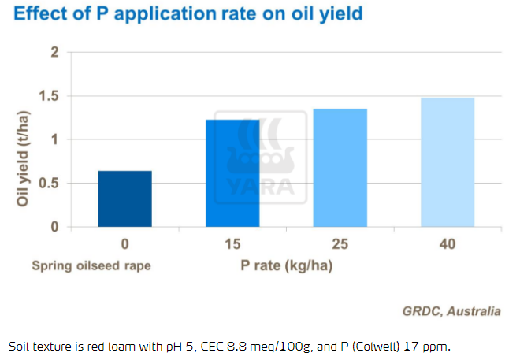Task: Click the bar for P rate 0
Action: coord(125,199)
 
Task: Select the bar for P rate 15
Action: coord(232,173)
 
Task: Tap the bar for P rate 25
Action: coord(340,168)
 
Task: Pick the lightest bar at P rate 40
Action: coord(447,162)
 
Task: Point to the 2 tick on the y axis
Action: coord(54,53)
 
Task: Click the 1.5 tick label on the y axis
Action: coord(50,96)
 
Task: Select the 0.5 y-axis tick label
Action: coord(50,184)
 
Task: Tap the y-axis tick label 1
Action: coord(54,139)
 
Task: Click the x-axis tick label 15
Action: coord(232,245)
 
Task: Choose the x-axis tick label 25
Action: coord(340,245)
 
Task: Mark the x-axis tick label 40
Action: coord(447,245)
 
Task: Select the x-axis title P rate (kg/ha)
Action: coord(286,265)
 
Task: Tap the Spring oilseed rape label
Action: coord(91,265)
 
